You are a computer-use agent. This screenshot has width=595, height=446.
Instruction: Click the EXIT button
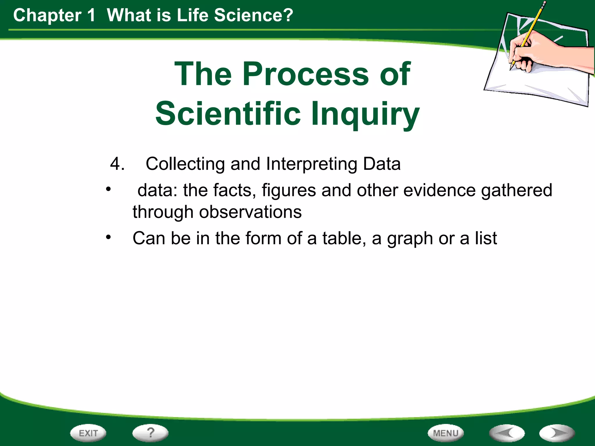pos(88,433)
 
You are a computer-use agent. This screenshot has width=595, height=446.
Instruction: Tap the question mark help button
pos(150,433)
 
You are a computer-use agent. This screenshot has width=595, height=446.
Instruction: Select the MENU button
pos(446,433)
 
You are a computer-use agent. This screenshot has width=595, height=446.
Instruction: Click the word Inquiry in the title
pos(365,114)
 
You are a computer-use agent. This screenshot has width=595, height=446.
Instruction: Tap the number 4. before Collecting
pos(117,164)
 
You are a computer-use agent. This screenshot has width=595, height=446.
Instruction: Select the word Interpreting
pos(311,164)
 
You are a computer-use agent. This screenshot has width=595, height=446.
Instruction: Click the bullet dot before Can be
pos(108,238)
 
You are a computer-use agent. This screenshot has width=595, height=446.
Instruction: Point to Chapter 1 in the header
pos(54,15)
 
